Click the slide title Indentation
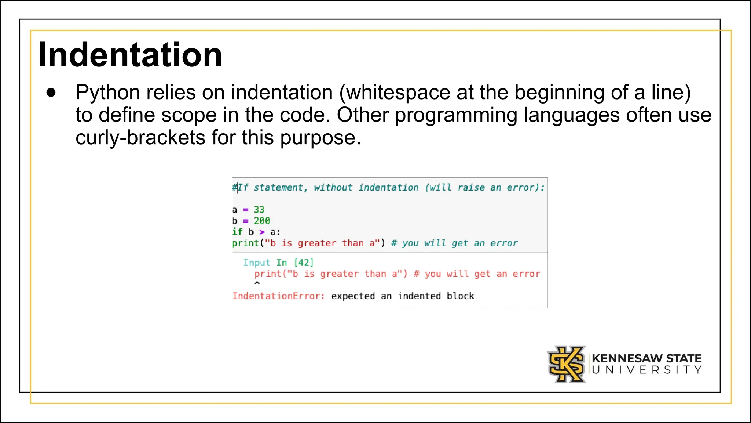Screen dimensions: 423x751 pos(130,55)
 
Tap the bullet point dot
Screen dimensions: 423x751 pos(51,93)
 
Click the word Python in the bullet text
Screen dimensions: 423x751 pos(107,93)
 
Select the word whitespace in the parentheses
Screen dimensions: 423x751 pos(398,93)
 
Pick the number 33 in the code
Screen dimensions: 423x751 pos(259,210)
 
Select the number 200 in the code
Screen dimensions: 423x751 pos(262,221)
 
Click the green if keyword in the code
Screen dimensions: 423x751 pos(237,232)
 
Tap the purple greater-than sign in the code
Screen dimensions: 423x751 pos(262,232)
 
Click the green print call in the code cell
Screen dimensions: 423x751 pos(246,243)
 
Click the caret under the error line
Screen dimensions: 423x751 pos(257,283)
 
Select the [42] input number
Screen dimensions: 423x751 pos(304,263)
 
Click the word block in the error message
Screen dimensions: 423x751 pos(460,296)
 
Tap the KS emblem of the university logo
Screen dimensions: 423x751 pos(567,364)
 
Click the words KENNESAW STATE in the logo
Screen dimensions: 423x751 pos(646,358)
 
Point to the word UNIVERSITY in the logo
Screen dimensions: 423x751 pos(646,370)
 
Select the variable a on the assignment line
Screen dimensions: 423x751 pos(235,210)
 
